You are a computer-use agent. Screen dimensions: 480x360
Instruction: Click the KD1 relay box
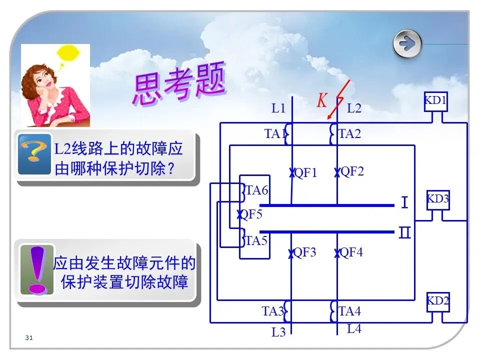tap(435, 101)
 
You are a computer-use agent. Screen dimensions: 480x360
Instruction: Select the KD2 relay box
tap(437, 301)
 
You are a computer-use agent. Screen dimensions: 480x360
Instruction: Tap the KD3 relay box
tap(437, 199)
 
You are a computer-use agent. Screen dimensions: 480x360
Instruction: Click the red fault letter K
tap(322, 101)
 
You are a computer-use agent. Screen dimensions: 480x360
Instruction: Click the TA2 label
tap(349, 133)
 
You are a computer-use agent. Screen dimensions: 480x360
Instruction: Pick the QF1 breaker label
tap(305, 173)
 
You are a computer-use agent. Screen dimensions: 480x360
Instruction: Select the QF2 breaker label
tap(352, 171)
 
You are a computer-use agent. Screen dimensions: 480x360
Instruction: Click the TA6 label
tap(256, 190)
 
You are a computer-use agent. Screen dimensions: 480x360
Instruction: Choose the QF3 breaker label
tap(304, 252)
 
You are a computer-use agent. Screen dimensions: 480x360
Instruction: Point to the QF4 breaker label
tap(351, 252)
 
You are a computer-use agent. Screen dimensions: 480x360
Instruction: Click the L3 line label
tap(278, 331)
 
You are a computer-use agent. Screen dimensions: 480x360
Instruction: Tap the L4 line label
tap(354, 328)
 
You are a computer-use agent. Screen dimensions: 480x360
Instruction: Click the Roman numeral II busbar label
tap(405, 232)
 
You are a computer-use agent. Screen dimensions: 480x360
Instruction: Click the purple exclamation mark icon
tap(36, 269)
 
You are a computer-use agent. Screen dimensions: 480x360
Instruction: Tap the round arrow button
tap(407, 44)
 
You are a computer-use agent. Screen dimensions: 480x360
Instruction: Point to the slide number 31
tap(28, 339)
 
